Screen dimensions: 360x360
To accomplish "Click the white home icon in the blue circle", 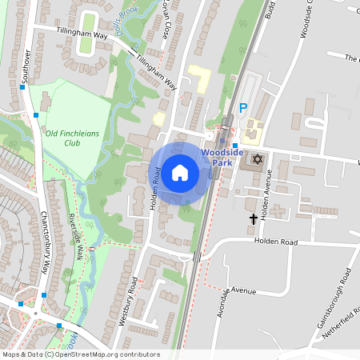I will point(180,172).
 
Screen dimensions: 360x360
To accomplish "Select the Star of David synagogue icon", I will point(257,159).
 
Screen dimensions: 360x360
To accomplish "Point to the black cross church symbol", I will point(254,218).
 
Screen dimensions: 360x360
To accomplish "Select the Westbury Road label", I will point(128,299).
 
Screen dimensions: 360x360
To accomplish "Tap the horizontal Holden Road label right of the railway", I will point(276,242).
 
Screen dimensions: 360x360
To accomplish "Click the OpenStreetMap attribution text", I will point(80,354).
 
